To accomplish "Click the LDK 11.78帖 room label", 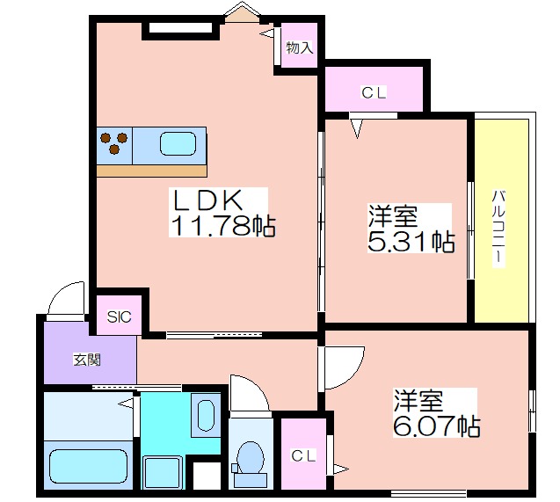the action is click(222, 213).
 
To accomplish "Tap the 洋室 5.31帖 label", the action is click(411, 229).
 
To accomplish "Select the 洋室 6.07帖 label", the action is click(436, 412).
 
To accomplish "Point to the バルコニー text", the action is click(498, 229).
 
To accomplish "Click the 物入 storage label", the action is click(300, 47).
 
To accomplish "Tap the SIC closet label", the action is click(120, 316).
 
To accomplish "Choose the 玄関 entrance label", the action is click(87, 360).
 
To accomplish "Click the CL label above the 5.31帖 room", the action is click(374, 93).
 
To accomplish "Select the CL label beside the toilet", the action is click(303, 455).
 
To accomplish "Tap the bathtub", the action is click(88, 466).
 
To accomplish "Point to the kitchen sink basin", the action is click(178, 144).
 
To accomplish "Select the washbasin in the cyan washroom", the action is click(206, 414).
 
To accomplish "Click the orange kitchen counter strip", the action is click(152, 171).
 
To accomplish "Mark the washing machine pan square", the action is click(163, 473).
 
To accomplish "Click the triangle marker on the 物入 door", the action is click(266, 34).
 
